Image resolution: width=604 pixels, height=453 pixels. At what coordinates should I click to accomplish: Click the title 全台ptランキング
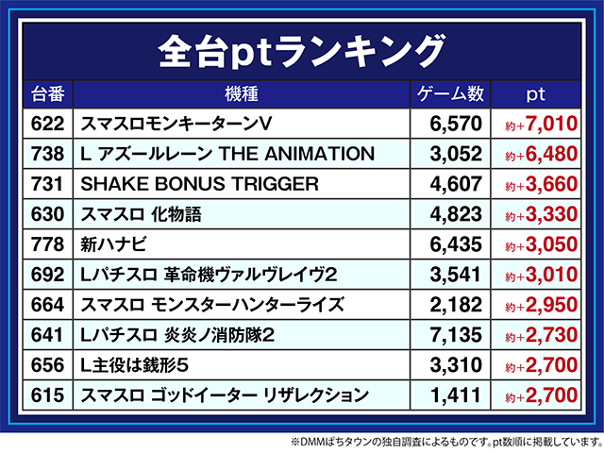point(301,46)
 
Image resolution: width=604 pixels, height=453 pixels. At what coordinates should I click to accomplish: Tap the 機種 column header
point(242,94)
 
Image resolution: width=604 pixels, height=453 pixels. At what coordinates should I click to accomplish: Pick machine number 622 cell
point(46,124)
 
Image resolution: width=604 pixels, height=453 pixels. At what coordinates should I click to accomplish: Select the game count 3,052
point(456,154)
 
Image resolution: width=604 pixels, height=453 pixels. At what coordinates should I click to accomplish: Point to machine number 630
point(46,214)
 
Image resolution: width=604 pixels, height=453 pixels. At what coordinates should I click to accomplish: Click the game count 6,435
point(456,244)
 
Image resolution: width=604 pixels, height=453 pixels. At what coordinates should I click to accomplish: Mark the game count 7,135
point(456,335)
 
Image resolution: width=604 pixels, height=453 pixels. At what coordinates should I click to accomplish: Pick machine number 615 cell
point(46,395)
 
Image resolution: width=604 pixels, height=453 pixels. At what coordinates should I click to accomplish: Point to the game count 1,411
point(456,395)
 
